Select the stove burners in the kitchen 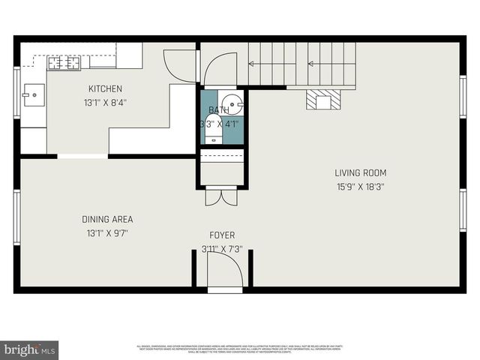tap(64, 63)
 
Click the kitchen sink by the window tap(33, 95)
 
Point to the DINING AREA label tap(107, 219)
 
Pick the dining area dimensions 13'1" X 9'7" tap(107, 233)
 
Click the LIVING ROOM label tap(360, 172)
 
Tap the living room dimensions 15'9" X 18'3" tap(360, 187)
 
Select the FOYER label tap(222, 235)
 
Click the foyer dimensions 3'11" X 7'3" tap(222, 249)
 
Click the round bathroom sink tap(235, 106)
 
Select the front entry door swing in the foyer tap(224, 270)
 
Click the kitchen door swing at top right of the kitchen tap(180, 66)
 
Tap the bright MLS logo tap(30, 349)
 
